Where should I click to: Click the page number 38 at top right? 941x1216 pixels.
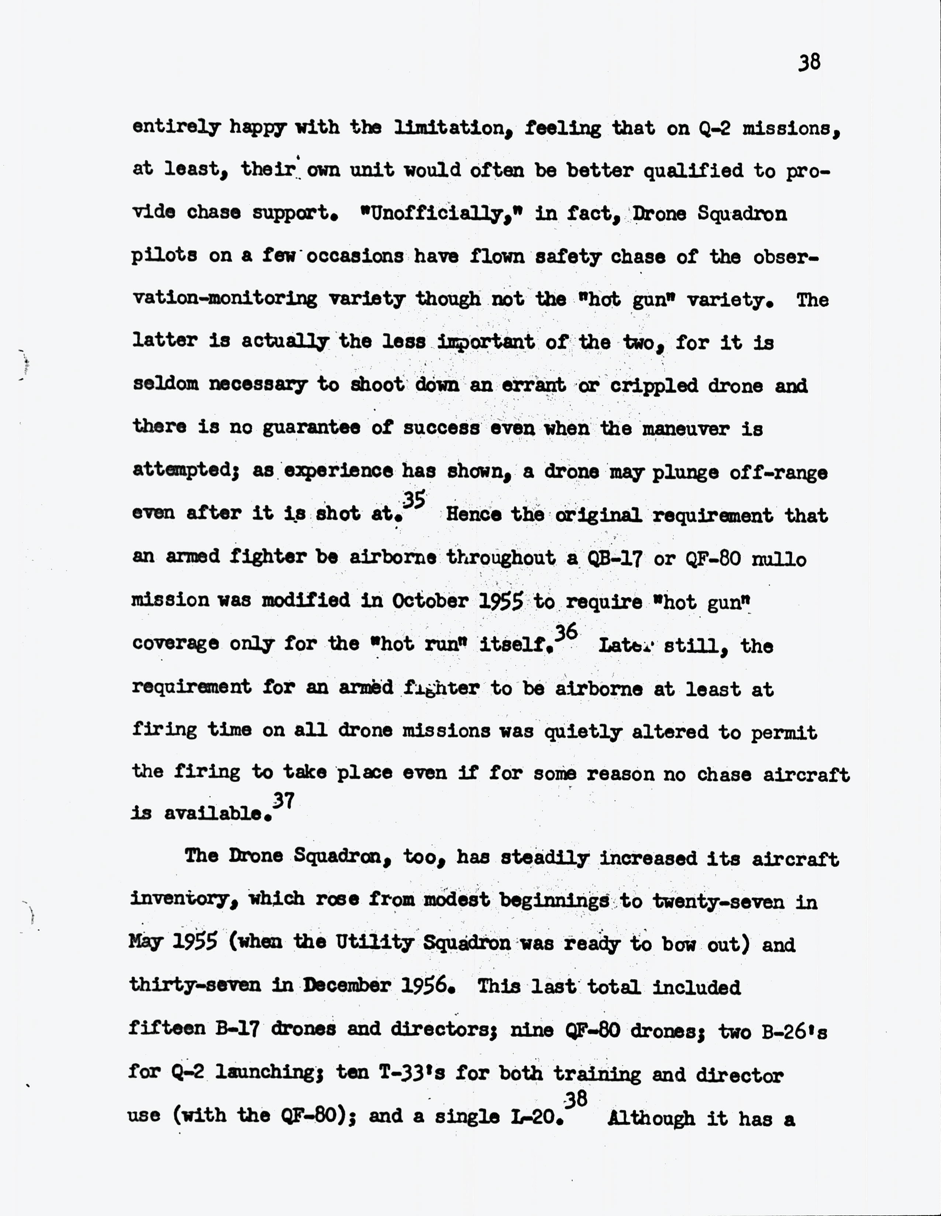[809, 62]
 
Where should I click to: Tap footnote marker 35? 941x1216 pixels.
[413, 500]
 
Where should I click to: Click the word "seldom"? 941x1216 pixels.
[165, 385]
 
